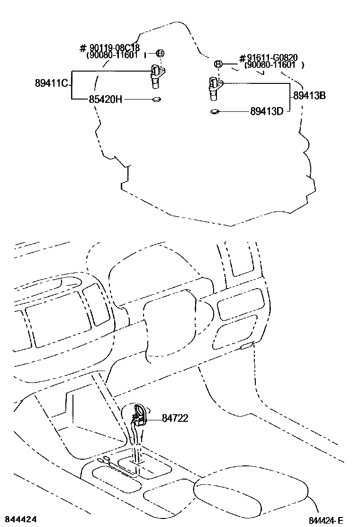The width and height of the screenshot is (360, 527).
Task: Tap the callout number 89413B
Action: pos(309,95)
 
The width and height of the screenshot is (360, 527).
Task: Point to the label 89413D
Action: pos(267,112)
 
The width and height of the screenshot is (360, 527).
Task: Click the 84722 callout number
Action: pos(175,418)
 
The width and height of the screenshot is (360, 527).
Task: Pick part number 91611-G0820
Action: pos(272,58)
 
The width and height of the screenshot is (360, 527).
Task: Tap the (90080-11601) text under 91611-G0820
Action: pos(271,65)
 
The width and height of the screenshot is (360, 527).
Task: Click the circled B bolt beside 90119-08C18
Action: pos(160,53)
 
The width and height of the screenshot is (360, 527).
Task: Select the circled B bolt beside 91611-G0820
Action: pos(218,64)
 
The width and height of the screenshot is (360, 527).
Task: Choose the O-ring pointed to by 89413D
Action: pos(214,112)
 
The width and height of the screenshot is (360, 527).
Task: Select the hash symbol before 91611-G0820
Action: pos(242,58)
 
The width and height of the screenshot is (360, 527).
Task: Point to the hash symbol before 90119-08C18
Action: pos(82,48)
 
